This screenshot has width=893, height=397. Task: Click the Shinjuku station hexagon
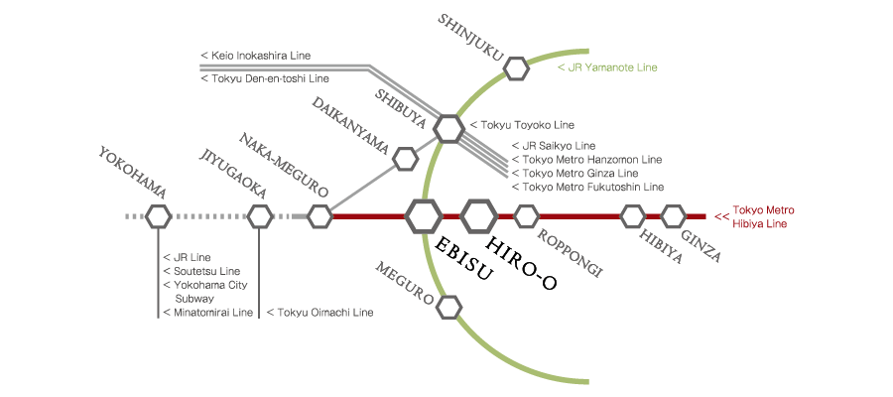516,68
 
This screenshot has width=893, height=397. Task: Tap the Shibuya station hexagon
448,128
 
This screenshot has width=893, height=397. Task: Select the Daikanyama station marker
405,158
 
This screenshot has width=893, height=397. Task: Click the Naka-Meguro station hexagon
319,215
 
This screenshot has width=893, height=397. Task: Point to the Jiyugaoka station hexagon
260,215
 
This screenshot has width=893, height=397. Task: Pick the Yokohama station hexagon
159,215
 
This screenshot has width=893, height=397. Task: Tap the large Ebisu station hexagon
424,215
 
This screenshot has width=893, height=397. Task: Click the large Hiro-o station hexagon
479,215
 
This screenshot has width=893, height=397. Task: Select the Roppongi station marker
526,215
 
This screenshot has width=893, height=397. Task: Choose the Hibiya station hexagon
633,215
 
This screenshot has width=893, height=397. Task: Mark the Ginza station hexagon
674,215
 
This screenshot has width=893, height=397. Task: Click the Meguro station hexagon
449,307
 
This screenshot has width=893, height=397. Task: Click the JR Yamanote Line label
607,68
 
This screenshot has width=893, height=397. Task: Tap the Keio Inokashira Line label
264,55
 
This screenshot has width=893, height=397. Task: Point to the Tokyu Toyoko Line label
522,125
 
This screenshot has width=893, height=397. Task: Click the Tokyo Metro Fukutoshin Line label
587,187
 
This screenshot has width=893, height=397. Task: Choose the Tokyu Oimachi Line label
319,313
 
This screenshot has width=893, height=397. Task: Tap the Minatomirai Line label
202,313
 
